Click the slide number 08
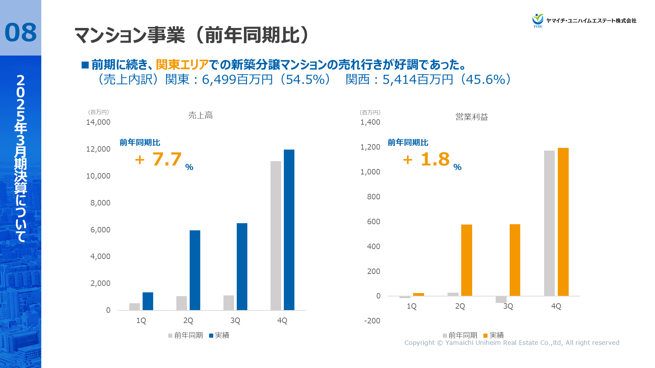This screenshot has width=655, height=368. [x=20, y=33]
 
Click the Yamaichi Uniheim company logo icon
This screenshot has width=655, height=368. [x=538, y=20]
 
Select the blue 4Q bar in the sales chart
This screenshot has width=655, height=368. [x=289, y=230]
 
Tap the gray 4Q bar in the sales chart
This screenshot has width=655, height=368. [x=276, y=235]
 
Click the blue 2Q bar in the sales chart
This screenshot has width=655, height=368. [x=195, y=270]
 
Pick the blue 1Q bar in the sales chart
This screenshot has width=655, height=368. [x=148, y=301]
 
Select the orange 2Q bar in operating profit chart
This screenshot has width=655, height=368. [x=466, y=260]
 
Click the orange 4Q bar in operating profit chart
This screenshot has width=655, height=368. [x=563, y=222]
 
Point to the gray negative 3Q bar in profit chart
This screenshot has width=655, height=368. [x=501, y=300]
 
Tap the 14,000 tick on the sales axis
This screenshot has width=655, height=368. [x=98, y=122]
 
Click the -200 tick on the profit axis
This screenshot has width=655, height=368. [x=372, y=321]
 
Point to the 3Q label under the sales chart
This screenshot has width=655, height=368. [x=235, y=321]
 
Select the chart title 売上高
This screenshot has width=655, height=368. [x=200, y=116]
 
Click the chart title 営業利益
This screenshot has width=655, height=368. [x=471, y=117]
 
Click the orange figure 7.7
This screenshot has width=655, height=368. [x=166, y=159]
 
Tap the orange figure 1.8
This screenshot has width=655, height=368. [x=435, y=159]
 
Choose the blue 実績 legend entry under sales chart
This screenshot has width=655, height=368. [x=219, y=335]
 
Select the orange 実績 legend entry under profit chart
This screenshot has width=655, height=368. [x=493, y=335]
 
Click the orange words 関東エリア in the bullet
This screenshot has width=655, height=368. [x=182, y=64]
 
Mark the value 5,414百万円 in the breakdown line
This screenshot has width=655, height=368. [x=418, y=80]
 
